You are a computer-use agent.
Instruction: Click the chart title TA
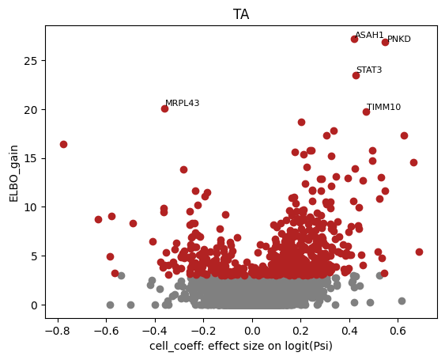tap(241, 14)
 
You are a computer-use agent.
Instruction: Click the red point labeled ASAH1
tap(354, 39)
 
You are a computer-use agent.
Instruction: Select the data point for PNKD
tap(385, 43)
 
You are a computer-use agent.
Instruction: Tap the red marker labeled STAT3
tap(356, 76)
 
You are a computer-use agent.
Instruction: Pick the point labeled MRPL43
tap(164, 108)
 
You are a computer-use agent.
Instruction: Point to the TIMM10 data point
tap(366, 112)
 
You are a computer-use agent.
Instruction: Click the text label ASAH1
tap(369, 35)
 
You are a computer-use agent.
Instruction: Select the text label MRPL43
tap(183, 103)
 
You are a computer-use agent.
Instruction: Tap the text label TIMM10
tap(383, 107)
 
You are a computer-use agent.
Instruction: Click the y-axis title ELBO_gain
tap(13, 173)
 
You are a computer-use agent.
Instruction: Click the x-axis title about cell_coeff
tap(241, 346)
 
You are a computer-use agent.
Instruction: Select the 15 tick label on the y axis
tap(31, 158)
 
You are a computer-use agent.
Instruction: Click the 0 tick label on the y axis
tap(34, 305)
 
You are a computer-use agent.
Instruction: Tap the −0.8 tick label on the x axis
tap(58, 331)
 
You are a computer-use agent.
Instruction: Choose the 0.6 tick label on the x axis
tap(398, 331)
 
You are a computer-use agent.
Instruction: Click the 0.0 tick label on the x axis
tap(252, 331)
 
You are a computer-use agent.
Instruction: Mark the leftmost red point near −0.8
tap(63, 144)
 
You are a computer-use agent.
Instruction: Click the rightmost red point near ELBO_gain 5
tap(419, 252)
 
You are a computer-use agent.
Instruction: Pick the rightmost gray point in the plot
tap(402, 301)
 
